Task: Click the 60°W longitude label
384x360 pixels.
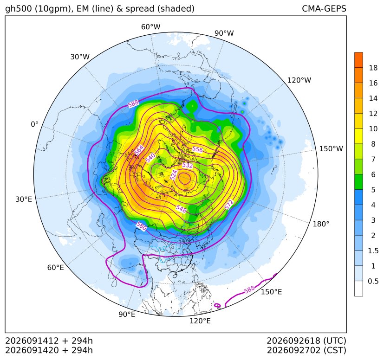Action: pyautogui.click(x=150, y=27)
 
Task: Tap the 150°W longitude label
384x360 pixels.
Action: pyautogui.click(x=331, y=149)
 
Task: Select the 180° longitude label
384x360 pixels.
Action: pyautogui.click(x=321, y=224)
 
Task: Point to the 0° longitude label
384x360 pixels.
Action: pyautogui.click(x=34, y=124)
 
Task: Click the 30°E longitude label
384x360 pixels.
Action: pyautogui.click(x=24, y=199)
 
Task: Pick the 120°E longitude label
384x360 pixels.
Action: pyautogui.click(x=200, y=321)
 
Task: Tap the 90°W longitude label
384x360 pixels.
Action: pyautogui.click(x=224, y=33)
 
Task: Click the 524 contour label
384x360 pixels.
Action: pyautogui.click(x=174, y=175)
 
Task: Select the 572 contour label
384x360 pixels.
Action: pyautogui.click(x=229, y=205)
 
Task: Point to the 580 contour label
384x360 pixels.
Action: pyautogui.click(x=142, y=226)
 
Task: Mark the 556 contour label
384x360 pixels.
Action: pyautogui.click(x=197, y=149)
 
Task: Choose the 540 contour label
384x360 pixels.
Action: pyautogui.click(x=150, y=158)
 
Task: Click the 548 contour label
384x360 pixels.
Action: pyautogui.click(x=181, y=208)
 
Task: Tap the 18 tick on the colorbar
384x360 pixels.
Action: pyautogui.click(x=373, y=68)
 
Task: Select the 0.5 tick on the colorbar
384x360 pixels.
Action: pyautogui.click(x=373, y=281)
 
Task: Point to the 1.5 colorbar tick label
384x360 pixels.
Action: pyautogui.click(x=373, y=251)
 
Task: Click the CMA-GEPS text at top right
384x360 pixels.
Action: pyautogui.click(x=324, y=8)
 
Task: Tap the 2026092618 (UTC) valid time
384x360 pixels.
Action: pyautogui.click(x=306, y=341)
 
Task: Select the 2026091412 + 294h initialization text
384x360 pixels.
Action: pyautogui.click(x=49, y=341)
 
